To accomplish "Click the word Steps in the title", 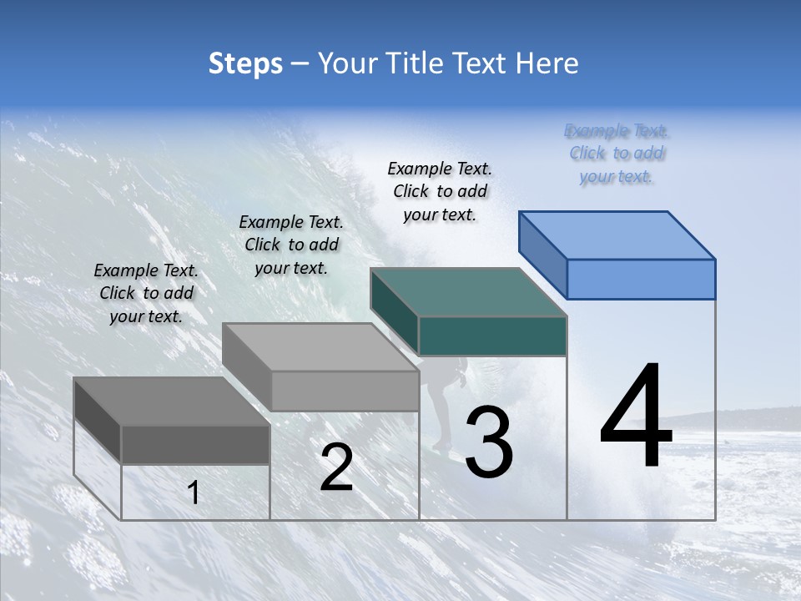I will click(x=245, y=63).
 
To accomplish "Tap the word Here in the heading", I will click(x=546, y=63).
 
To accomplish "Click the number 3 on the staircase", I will click(x=489, y=442).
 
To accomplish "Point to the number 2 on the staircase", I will click(x=336, y=467).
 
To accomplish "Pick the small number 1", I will click(x=194, y=492).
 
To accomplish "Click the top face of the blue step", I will click(x=617, y=235).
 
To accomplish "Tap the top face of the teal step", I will click(x=469, y=292).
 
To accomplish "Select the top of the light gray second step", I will click(x=320, y=347).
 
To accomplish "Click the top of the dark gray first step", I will click(x=172, y=402).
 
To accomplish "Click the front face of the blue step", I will click(x=641, y=279).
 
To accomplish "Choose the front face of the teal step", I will click(x=492, y=336).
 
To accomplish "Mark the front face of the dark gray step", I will click(x=195, y=444).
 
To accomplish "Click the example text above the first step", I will click(x=146, y=293).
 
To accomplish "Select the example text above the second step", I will click(x=291, y=245).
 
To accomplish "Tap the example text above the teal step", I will click(x=440, y=191).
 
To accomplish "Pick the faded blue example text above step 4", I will click(x=617, y=154).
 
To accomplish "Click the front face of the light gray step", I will click(x=345, y=391).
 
